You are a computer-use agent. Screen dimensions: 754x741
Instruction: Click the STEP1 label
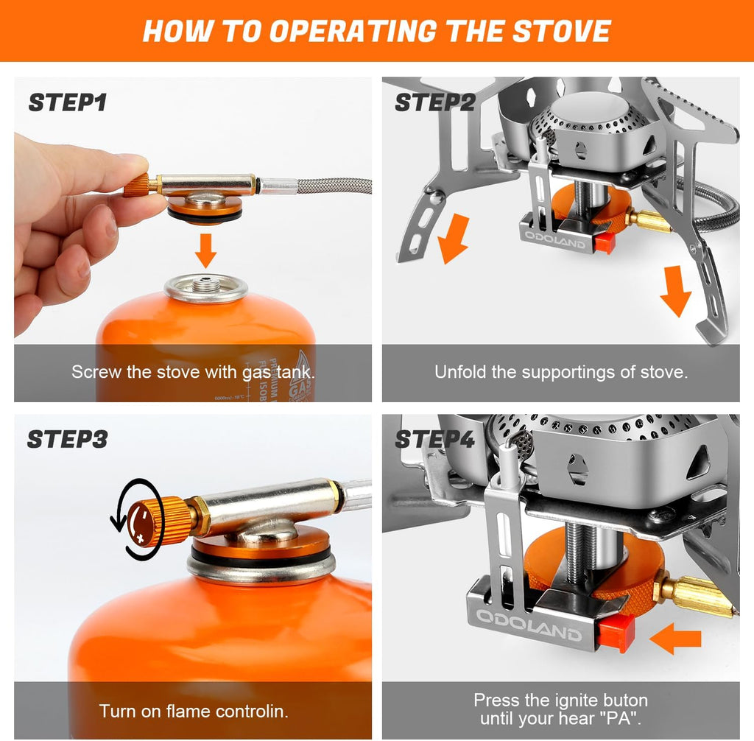click(68, 102)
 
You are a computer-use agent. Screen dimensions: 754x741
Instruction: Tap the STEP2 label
click(434, 102)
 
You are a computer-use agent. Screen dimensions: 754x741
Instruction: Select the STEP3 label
click(67, 439)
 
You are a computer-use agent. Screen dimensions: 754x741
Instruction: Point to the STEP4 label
click(434, 439)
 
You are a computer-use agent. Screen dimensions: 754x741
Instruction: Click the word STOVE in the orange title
click(561, 31)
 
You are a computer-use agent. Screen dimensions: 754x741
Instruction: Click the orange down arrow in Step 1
click(206, 250)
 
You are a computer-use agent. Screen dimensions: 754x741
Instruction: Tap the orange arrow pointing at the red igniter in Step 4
click(675, 638)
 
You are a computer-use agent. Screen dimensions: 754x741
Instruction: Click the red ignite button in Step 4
click(616, 632)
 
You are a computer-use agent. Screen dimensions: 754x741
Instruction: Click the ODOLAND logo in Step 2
click(554, 239)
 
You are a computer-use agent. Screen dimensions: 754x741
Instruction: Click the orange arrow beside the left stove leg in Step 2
click(453, 239)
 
